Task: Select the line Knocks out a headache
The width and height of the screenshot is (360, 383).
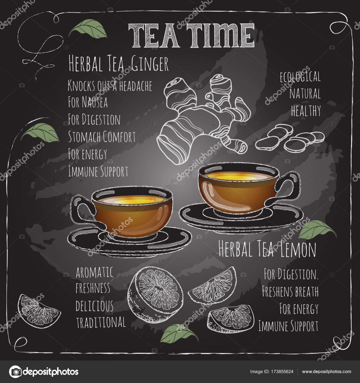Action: [110, 86]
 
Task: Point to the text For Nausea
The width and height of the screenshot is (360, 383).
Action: [88, 102]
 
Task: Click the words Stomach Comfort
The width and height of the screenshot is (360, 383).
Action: [102, 137]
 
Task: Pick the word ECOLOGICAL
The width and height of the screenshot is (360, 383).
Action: [300, 78]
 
